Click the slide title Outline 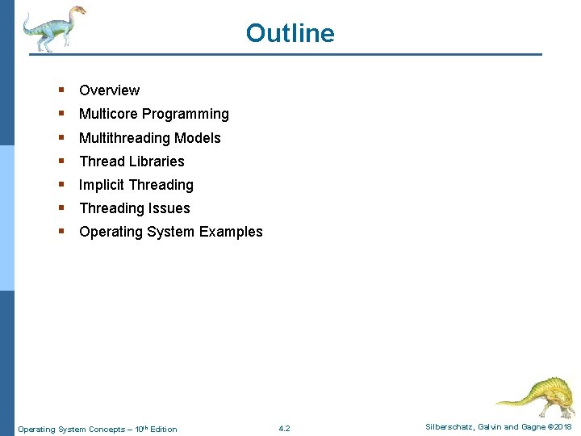click(x=290, y=33)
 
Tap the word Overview click(x=109, y=90)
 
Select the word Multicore click(x=108, y=114)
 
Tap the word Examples click(x=231, y=232)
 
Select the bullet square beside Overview click(x=61, y=90)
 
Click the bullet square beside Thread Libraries click(x=61, y=161)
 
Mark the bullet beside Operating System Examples click(x=61, y=231)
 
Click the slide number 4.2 click(x=284, y=429)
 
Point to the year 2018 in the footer click(x=563, y=427)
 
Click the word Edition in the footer click(x=163, y=430)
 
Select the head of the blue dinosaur click(x=78, y=10)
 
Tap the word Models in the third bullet click(x=198, y=138)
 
